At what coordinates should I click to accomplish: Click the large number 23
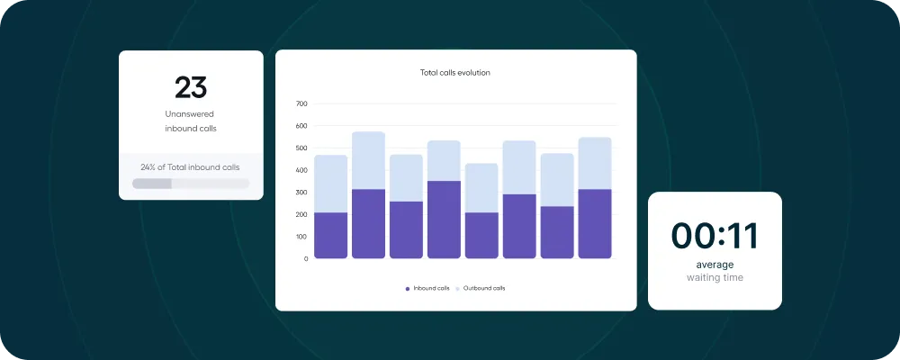pyautogui.click(x=191, y=87)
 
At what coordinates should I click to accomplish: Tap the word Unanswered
pyautogui.click(x=190, y=114)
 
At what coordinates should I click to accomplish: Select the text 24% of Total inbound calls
pyautogui.click(x=190, y=166)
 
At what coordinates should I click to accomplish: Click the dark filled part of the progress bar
pyautogui.click(x=151, y=184)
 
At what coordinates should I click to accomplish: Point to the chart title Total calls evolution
pyautogui.click(x=455, y=72)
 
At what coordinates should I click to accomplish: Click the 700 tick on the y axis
pyautogui.click(x=301, y=103)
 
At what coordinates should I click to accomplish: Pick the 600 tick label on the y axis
pyautogui.click(x=301, y=126)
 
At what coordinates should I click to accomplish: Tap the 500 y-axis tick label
pyautogui.click(x=301, y=148)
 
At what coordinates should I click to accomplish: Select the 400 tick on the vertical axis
pyautogui.click(x=301, y=170)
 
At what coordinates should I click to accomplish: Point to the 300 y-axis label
pyautogui.click(x=301, y=193)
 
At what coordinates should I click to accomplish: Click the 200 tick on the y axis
pyautogui.click(x=301, y=214)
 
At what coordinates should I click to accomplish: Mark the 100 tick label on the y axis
pyautogui.click(x=301, y=237)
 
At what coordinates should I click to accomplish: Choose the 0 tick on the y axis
pyautogui.click(x=305, y=259)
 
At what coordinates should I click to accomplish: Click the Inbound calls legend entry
pyautogui.click(x=427, y=288)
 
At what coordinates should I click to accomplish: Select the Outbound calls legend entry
pyautogui.click(x=481, y=288)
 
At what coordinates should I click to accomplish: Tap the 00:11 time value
pyautogui.click(x=715, y=236)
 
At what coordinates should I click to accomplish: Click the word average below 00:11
pyautogui.click(x=715, y=265)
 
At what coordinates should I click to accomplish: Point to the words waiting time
pyautogui.click(x=715, y=278)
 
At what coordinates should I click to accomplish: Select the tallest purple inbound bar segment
pyautogui.click(x=444, y=220)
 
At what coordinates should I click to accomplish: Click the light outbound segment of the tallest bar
pyautogui.click(x=368, y=160)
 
